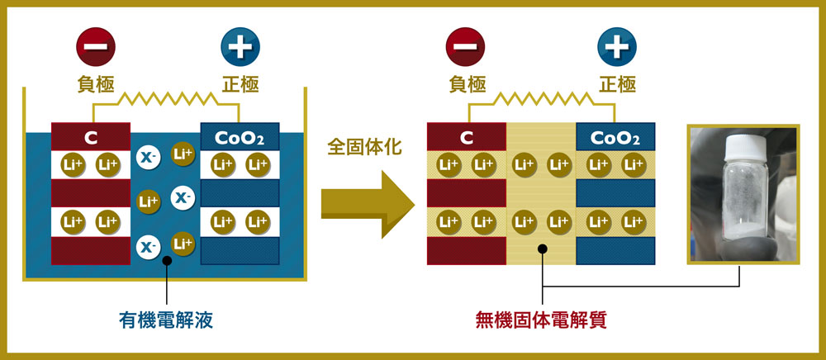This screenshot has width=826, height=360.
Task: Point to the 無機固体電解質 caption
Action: [541, 320]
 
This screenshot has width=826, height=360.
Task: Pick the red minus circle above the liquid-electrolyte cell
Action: [95, 47]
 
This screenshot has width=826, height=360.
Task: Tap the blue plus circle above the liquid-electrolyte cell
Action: [240, 47]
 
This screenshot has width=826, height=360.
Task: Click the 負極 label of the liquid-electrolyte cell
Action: [95, 84]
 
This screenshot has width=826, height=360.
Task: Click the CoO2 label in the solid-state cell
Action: [615, 136]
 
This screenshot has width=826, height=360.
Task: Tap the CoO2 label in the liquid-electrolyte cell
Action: [240, 136]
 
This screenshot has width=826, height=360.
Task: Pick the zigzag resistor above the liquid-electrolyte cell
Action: [168, 99]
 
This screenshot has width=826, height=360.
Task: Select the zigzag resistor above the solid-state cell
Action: [543, 99]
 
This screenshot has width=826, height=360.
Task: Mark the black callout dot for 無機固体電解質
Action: [542, 247]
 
